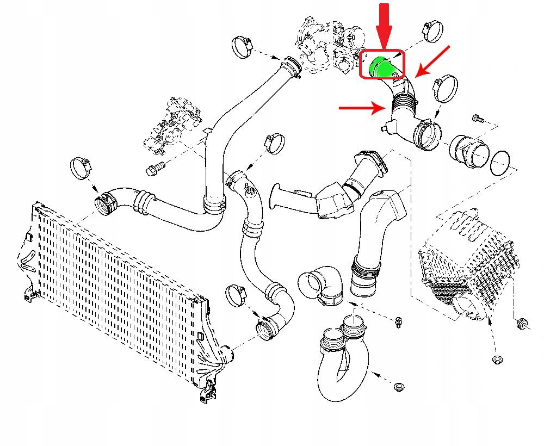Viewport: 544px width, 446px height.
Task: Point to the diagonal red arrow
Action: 433,61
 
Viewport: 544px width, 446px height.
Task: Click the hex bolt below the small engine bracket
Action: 154,168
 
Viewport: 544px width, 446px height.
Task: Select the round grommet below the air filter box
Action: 497,360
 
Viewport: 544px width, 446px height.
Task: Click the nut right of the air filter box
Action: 522,324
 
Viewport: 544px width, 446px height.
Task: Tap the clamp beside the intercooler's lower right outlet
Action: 238,294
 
